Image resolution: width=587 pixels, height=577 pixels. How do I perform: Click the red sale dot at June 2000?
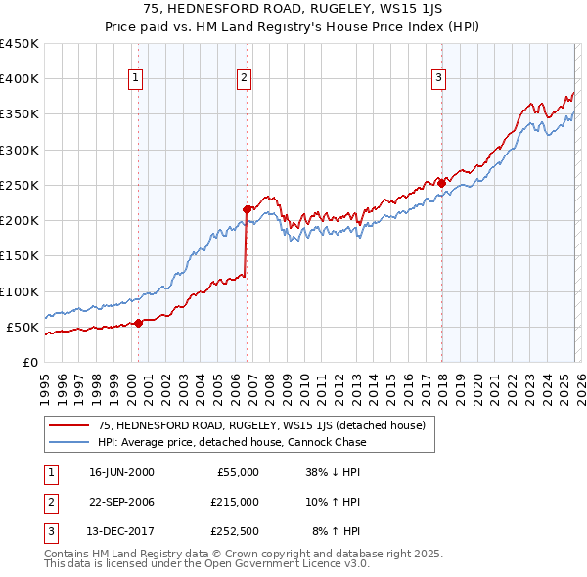tap(138, 323)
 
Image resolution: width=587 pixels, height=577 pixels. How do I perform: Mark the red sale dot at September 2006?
tap(247, 209)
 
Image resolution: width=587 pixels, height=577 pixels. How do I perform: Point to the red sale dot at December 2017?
tap(441, 183)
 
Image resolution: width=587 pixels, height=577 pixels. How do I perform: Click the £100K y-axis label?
tap(20, 291)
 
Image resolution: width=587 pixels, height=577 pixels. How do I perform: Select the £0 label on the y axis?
tap(29, 362)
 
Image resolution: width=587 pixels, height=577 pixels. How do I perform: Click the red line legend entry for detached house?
tap(260, 425)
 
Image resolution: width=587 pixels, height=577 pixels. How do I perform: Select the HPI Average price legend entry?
tap(231, 442)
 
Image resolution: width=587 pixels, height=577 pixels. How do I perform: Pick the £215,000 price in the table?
tap(236, 502)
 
